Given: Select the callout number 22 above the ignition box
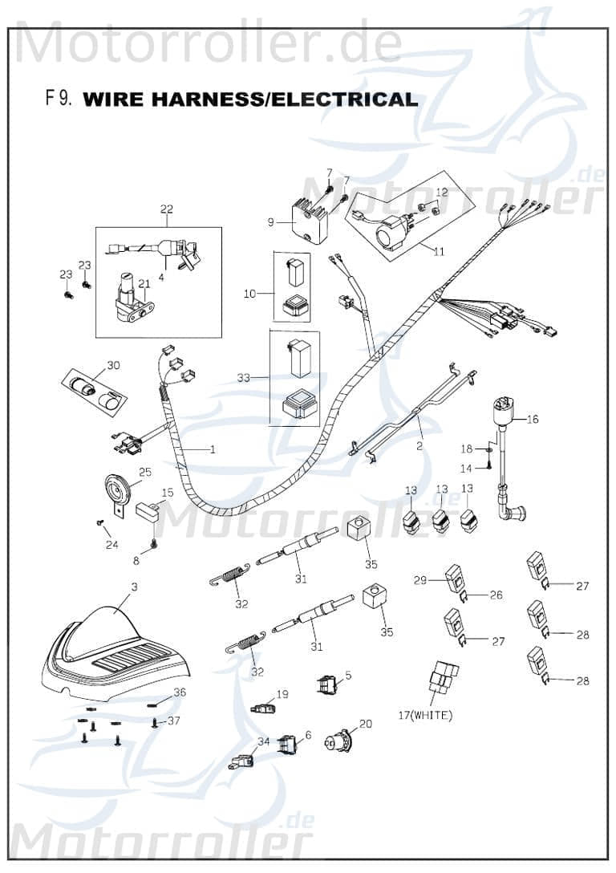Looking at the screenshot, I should [166, 210].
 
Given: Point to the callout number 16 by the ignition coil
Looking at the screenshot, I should [533, 419].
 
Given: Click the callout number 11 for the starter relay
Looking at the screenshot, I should [438, 251].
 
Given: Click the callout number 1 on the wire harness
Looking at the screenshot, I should [212, 449].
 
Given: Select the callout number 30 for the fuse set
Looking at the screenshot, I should [113, 365].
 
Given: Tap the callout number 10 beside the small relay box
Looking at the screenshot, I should [249, 294].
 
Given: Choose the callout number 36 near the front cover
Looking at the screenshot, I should [180, 692].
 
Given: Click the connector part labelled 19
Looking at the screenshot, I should [261, 709].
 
